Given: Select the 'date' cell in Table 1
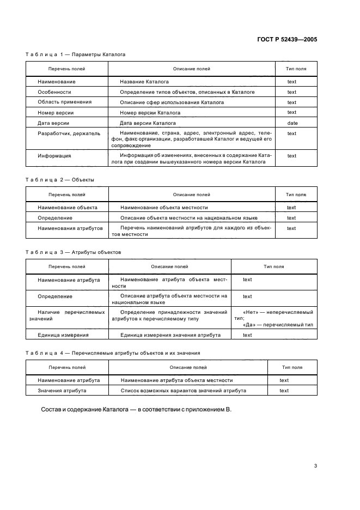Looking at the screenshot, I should pos(292,123).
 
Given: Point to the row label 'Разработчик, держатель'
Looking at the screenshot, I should pos(69,133).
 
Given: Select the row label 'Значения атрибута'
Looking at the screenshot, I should pos(62,391).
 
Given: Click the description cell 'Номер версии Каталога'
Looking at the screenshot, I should pos(150,113).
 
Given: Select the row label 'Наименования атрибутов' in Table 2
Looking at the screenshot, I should pos(70,228).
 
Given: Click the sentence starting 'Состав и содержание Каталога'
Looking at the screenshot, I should pos(136,410).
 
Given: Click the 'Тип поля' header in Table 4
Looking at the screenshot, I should pos(292,367).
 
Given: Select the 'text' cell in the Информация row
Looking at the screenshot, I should pos(292,156).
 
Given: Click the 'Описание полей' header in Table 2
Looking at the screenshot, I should pos(191,195).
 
